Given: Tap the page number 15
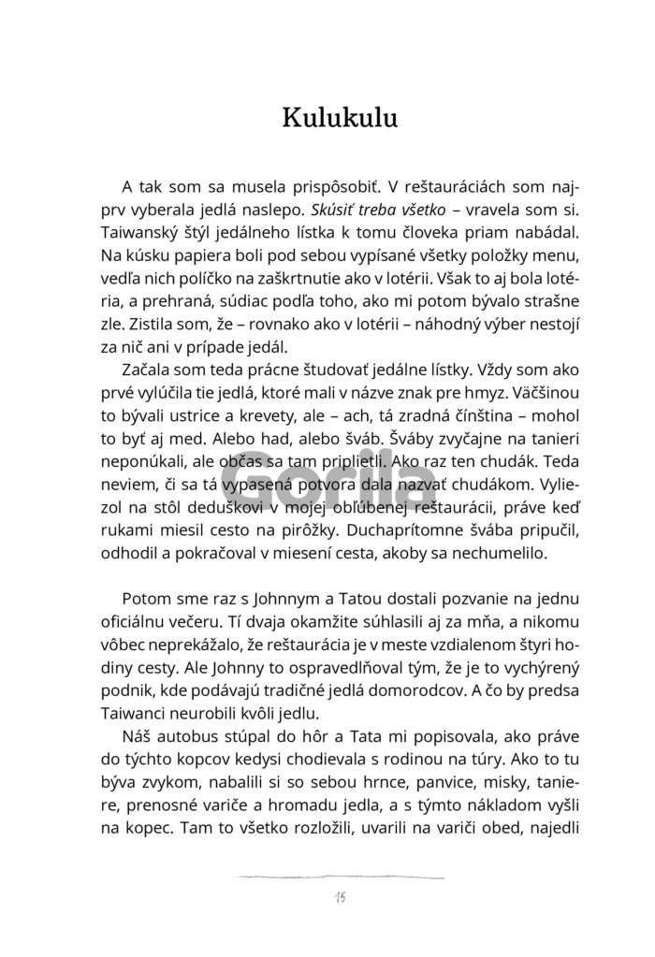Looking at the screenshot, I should click(x=339, y=898).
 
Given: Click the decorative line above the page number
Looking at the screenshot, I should click(x=339, y=877).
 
